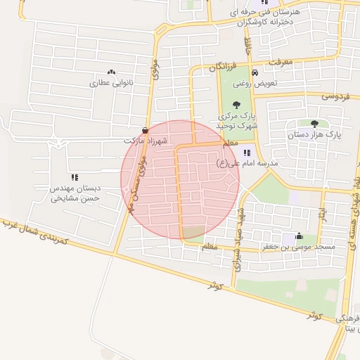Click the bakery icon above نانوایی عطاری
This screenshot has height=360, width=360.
coord(111,72)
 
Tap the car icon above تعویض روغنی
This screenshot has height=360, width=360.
coord(255,72)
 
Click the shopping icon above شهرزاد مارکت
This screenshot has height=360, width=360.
coord(145,130)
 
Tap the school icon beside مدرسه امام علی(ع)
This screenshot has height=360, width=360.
coord(246,153)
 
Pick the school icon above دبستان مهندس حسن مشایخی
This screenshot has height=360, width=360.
coord(75,177)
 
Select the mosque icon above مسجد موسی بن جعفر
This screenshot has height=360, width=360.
coord(300,236)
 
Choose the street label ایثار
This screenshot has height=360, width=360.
coord(321,210)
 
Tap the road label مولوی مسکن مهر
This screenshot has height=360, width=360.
coord(136,181)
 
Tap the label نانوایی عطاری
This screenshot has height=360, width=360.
coord(110,83)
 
